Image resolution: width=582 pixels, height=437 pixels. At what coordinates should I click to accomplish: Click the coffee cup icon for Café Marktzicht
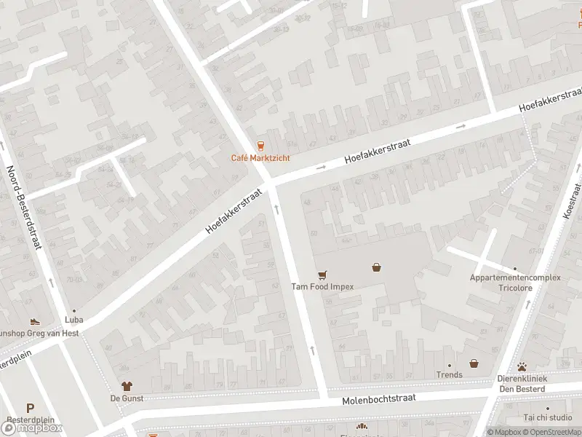260,146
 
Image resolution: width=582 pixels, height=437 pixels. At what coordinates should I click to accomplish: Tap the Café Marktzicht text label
260,158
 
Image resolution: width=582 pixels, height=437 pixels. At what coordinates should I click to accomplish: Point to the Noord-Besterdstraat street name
21,208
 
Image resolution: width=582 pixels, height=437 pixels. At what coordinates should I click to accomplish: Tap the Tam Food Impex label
322,286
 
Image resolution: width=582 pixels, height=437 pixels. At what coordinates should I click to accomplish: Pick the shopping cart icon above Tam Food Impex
322,275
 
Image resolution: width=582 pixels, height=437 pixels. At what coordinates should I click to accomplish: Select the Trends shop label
450,375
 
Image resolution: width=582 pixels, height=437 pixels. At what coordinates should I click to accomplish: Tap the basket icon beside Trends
474,363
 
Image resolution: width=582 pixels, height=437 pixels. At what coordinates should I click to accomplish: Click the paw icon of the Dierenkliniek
522,367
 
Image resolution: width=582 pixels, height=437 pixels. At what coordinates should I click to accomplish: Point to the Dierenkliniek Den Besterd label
522,383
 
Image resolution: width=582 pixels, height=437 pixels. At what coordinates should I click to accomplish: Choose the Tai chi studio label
548,417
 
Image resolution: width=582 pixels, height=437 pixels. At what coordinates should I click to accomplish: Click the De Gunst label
127,398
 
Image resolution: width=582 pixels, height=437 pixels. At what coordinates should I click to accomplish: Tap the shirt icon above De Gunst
127,386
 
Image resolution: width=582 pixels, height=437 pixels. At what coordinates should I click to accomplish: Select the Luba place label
73,320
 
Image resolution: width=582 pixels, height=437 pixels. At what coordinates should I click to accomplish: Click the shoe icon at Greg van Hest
34,321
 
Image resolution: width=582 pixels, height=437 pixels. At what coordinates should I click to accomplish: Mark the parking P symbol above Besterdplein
30,409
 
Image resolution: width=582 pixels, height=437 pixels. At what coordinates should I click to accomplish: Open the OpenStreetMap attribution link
553,432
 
